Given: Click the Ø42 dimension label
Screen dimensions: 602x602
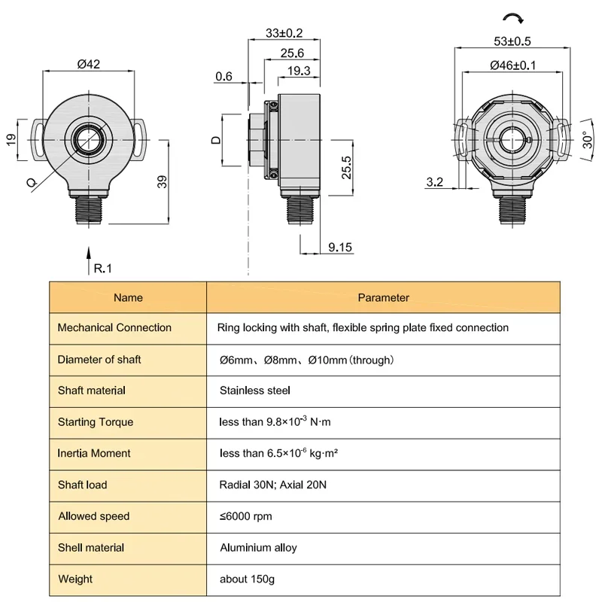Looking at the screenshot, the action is click(89, 64).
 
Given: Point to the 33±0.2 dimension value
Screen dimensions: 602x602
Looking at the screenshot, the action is click(284, 33).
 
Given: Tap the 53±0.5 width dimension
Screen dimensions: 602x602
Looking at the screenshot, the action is click(512, 41).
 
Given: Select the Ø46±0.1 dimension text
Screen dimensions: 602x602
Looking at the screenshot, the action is click(513, 65).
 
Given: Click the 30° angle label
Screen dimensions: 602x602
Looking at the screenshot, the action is click(588, 140).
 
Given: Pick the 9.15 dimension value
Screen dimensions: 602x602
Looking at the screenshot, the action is click(340, 248).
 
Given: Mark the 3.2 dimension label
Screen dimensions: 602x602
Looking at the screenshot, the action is click(435, 181).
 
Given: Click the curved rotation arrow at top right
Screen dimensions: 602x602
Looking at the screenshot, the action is click(514, 17).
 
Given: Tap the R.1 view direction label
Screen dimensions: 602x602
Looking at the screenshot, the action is click(103, 269).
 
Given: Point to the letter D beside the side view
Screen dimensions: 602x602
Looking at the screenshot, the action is click(217, 140).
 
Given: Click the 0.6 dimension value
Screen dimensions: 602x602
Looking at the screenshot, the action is click(223, 77).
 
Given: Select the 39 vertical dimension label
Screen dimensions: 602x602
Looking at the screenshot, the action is click(163, 181).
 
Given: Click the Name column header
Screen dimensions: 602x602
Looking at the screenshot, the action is click(128, 297).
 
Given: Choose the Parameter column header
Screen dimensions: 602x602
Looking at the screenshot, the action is click(384, 297).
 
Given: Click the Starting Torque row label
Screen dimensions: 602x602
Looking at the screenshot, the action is click(96, 422).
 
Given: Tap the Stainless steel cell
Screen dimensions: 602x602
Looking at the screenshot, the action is click(255, 391).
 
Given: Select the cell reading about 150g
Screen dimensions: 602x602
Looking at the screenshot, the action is click(248, 579).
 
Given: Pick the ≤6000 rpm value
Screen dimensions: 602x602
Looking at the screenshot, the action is click(246, 516).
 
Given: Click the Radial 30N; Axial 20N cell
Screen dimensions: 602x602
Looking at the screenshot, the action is click(273, 485).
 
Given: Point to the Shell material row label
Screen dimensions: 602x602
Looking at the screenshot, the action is click(91, 548).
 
